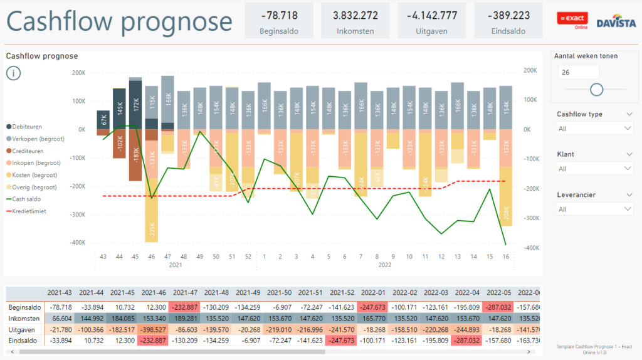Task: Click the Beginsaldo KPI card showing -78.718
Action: click(278, 21)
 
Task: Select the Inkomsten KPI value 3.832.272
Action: click(355, 16)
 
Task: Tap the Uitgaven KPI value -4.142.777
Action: click(431, 16)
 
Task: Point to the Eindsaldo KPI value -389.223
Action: click(508, 16)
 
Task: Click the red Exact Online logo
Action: click(568, 19)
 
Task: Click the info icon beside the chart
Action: click(14, 73)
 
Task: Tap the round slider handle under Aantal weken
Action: click(597, 90)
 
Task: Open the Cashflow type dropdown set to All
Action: click(594, 128)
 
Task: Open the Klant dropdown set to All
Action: click(594, 169)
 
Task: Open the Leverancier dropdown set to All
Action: click(594, 209)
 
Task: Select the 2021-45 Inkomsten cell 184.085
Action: click(123, 319)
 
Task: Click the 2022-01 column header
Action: click(373, 293)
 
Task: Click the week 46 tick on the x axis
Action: click(151, 257)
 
